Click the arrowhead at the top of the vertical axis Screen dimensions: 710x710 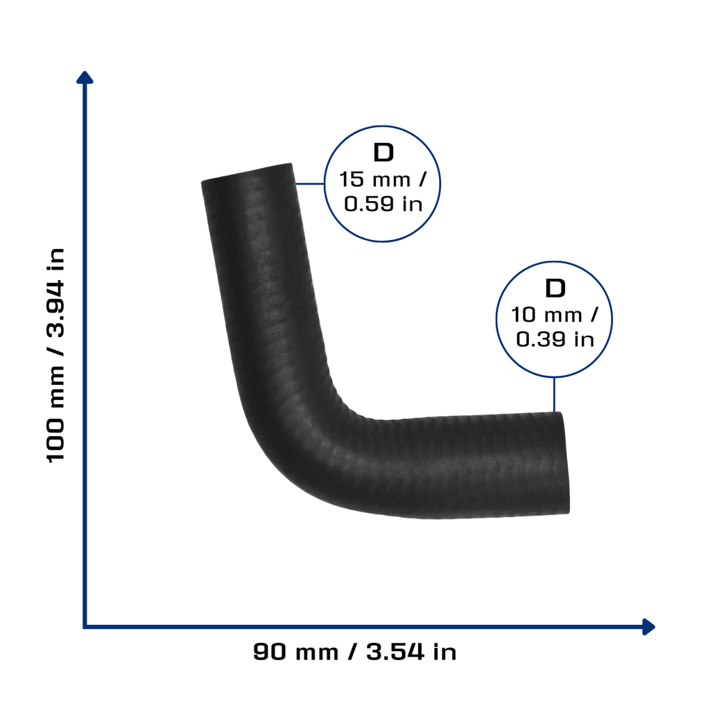pos(85,77)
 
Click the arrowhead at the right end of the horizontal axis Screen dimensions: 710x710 pos(649,627)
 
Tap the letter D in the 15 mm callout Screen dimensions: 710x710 pos(383,153)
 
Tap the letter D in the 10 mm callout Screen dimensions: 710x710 pos(555,288)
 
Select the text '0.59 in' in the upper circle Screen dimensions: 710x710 pos(383,204)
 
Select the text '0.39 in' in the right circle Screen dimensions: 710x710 pos(555,339)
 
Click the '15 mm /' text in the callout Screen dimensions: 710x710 pos(383,180)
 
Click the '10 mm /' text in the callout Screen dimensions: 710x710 pos(555,315)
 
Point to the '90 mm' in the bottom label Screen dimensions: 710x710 pos(295,652)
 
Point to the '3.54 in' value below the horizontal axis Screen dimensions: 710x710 pos(411,652)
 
